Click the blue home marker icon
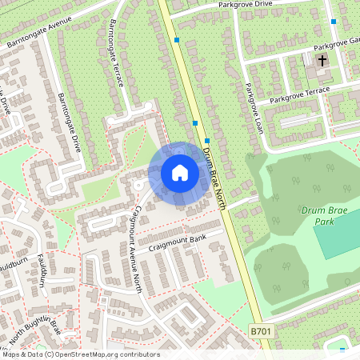click(x=180, y=173)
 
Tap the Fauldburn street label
click(x=38, y=273)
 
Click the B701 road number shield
click(x=261, y=330)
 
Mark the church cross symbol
click(x=322, y=60)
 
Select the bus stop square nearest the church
click(x=334, y=21)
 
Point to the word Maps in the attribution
click(x=14, y=354)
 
